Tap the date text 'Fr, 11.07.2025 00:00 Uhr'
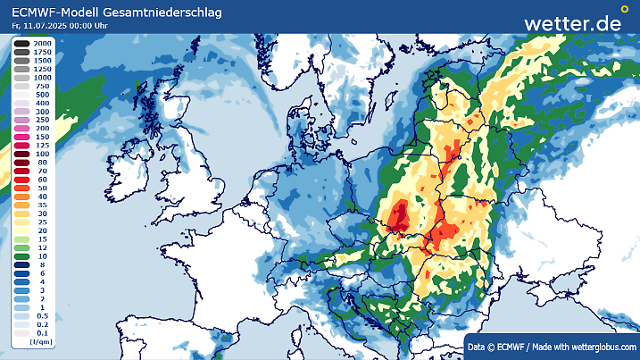click(x=68, y=27)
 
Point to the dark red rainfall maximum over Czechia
click(x=399, y=215)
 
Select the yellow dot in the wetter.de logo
click(x=624, y=9)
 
